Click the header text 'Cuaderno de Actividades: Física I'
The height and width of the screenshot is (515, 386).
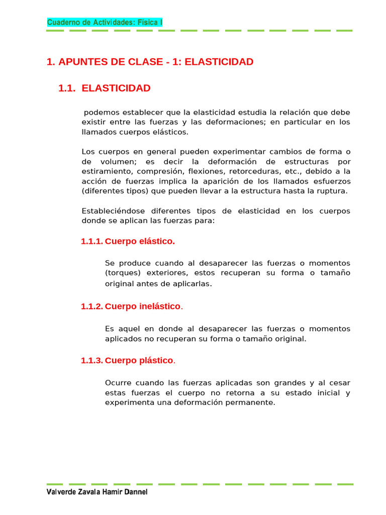pyautogui.click(x=105, y=22)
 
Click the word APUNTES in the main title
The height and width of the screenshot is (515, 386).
pyautogui.click(x=83, y=62)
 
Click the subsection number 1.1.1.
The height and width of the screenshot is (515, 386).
pyautogui.click(x=91, y=241)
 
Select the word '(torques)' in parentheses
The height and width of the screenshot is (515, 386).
pyautogui.click(x=121, y=273)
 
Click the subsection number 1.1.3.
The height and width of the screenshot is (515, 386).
pyautogui.click(x=91, y=361)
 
